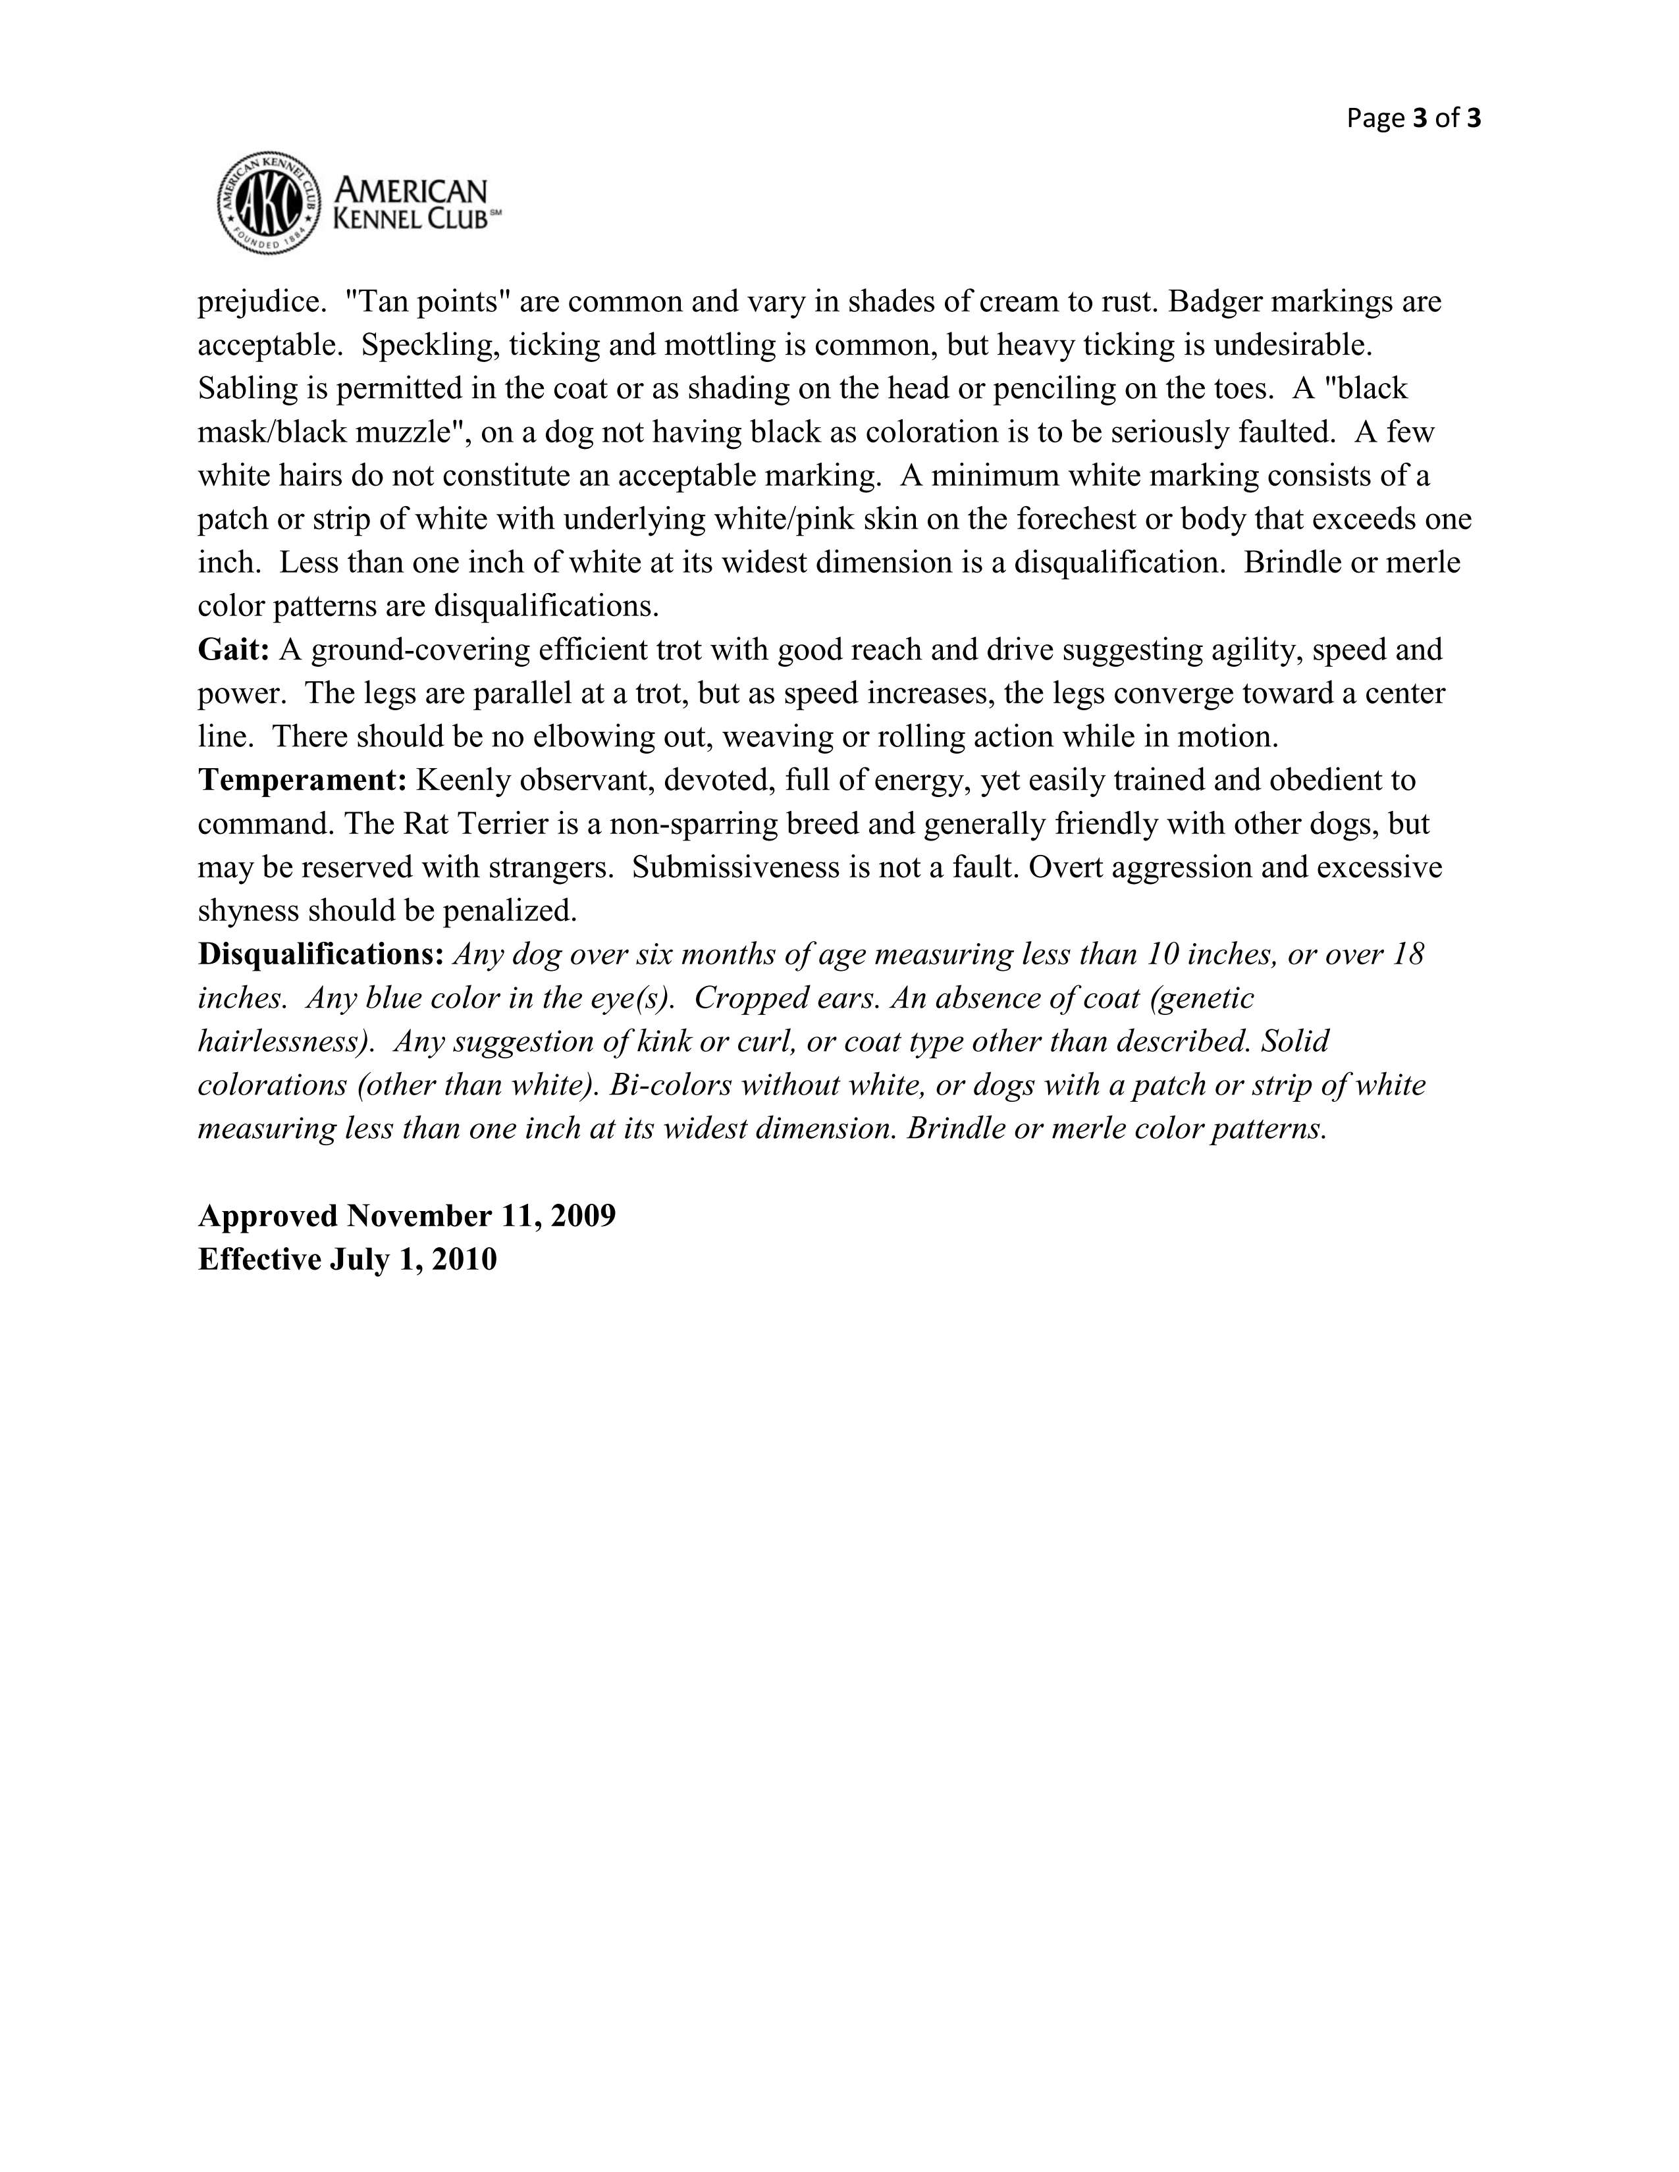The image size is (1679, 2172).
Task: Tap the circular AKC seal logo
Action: pos(269,203)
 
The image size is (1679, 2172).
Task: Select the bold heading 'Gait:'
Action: pos(234,650)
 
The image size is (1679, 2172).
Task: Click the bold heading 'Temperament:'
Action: pos(302,781)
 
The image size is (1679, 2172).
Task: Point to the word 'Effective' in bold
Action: pos(259,1260)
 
